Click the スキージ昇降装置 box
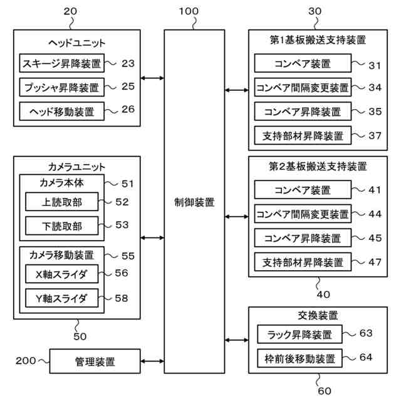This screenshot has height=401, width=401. (x=61, y=63)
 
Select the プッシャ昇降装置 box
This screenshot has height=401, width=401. (x=61, y=86)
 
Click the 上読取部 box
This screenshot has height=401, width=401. (x=61, y=202)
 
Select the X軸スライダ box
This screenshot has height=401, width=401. (x=61, y=274)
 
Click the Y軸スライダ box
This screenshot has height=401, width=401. (x=61, y=298)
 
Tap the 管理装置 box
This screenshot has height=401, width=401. (x=95, y=362)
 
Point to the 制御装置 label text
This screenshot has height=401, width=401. (x=194, y=202)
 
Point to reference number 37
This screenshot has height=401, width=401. (x=375, y=136)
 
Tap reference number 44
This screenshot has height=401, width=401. (x=375, y=213)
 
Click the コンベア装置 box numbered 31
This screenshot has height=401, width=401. (x=303, y=63)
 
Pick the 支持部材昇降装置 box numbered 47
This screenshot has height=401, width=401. (x=303, y=261)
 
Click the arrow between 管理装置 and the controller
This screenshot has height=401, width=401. (x=152, y=362)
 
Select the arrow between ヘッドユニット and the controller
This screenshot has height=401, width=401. (x=152, y=78)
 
